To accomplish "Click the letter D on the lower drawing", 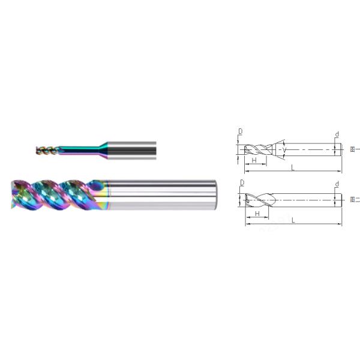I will coord(242,182).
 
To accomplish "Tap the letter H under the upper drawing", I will coord(254,161).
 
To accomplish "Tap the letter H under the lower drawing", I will coord(257,213).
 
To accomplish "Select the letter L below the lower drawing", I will coord(292,221).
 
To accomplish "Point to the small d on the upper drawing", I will coord(337,133).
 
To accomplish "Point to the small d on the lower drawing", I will coord(337,184).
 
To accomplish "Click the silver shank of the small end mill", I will coord(132,148).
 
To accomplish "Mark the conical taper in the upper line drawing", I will coord(279,148).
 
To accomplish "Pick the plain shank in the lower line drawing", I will coord(306,199).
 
